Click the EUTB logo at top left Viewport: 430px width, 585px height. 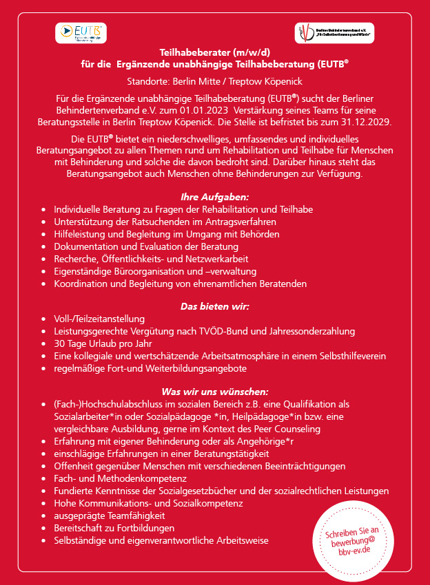[81, 32]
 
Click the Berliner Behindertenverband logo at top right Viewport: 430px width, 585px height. [329, 32]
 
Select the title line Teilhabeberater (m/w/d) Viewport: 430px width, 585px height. [215, 52]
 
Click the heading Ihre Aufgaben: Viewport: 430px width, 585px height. [215, 197]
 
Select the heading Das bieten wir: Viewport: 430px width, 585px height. [215, 306]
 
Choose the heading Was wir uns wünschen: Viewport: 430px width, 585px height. [215, 392]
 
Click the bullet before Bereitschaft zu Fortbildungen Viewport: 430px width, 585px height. [45, 528]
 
